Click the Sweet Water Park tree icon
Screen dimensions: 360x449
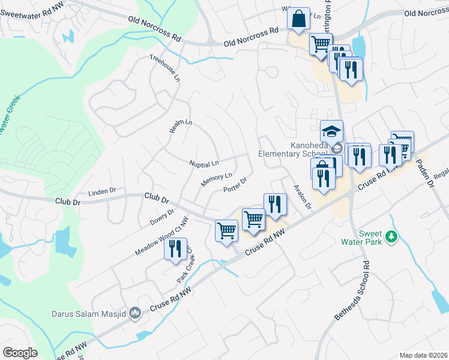[391, 237]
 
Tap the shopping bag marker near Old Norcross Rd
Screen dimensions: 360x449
[298, 20]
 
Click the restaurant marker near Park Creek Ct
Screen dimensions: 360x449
[175, 249]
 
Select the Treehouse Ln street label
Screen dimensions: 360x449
[165, 68]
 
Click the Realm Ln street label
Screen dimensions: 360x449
[180, 126]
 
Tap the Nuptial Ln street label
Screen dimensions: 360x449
[204, 163]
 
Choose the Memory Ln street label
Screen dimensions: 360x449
[216, 179]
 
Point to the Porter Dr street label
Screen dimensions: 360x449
[235, 185]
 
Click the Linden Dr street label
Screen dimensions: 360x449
[102, 192]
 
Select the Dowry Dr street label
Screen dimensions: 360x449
[162, 217]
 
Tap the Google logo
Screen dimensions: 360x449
[20, 353]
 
